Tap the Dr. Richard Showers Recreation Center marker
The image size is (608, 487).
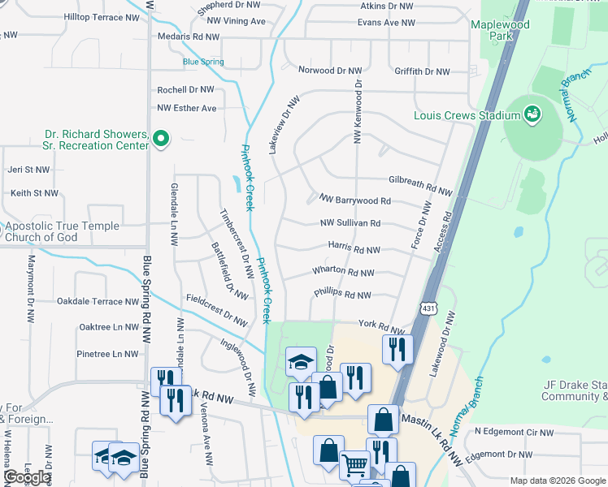click(161, 139)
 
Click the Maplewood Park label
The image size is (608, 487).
click(500, 31)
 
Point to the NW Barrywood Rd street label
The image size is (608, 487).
click(354, 200)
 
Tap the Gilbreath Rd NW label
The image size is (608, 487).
click(420, 185)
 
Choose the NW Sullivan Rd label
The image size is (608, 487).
click(350, 223)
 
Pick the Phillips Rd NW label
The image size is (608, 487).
click(342, 295)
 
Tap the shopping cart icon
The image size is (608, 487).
click(354, 465)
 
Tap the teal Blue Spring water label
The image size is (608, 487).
click(202, 62)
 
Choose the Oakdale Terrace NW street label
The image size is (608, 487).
click(98, 301)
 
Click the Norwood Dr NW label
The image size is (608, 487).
click(329, 71)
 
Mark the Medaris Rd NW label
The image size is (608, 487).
click(189, 37)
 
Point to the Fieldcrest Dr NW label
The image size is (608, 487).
click(215, 311)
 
